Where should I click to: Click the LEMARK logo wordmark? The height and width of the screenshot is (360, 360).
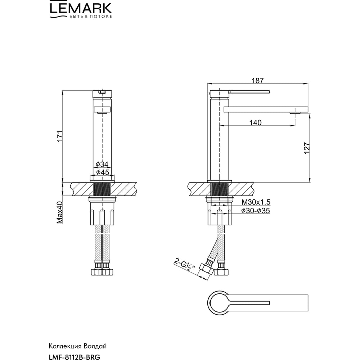(81, 8)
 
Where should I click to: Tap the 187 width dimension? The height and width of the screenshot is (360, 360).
(258, 81)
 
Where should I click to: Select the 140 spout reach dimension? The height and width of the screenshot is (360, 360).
(255, 123)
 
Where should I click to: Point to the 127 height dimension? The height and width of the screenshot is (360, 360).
(307, 148)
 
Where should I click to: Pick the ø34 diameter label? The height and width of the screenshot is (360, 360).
(102, 165)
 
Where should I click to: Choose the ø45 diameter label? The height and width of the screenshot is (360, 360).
(102, 172)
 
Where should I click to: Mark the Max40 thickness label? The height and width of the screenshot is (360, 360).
(59, 212)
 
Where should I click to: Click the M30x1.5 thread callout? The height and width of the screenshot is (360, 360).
(256, 202)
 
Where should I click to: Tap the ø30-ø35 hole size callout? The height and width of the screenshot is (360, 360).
(256, 211)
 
